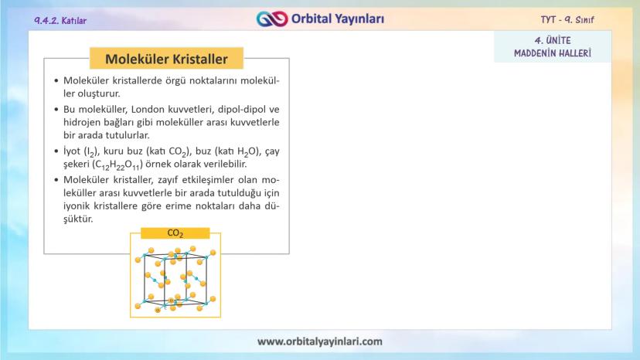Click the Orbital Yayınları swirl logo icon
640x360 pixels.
[x=272, y=19]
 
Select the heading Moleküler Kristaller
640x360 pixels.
[x=166, y=59]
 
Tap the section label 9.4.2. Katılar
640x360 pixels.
[x=60, y=20]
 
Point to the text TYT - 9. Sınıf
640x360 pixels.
[x=567, y=19]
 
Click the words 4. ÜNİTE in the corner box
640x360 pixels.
[x=553, y=40]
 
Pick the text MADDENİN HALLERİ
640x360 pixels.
[x=553, y=53]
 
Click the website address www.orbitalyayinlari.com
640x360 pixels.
[x=320, y=341]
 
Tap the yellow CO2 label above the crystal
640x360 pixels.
[x=175, y=233]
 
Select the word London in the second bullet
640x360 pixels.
[x=147, y=110]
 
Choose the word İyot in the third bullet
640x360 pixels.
[x=72, y=151]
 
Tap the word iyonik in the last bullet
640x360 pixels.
[x=77, y=205]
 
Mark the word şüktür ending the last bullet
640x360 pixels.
[x=78, y=219]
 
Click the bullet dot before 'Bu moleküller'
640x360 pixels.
[x=56, y=110]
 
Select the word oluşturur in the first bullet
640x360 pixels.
[x=99, y=94]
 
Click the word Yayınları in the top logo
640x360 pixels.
[x=359, y=19]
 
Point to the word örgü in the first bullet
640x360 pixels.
[x=175, y=81]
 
